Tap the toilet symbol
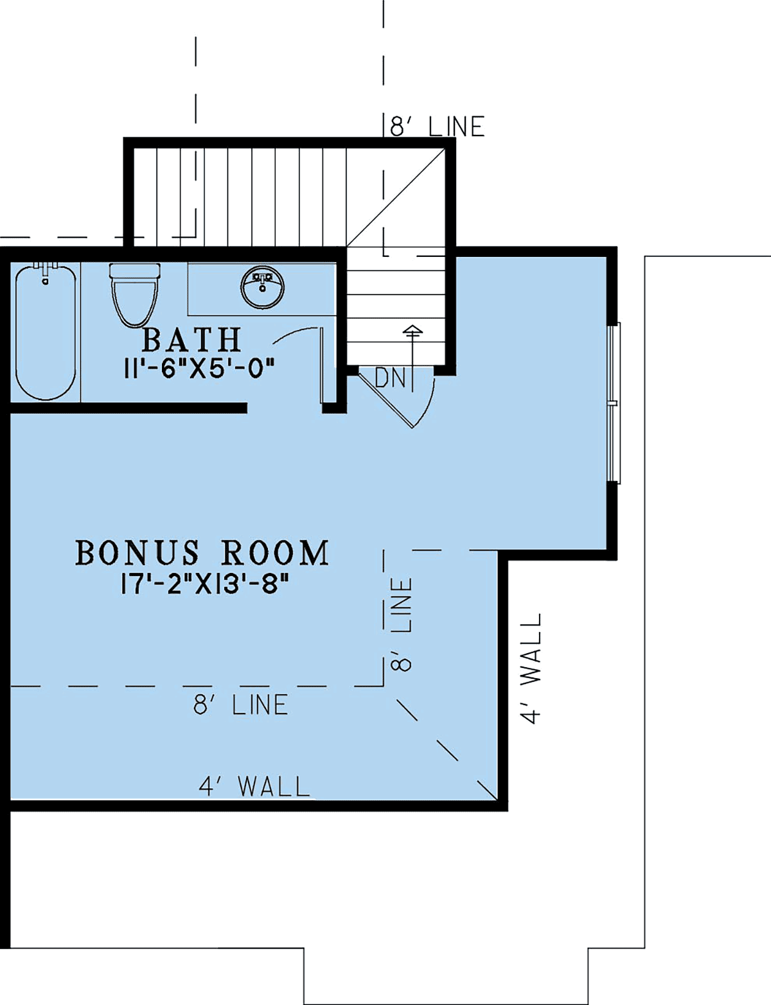point(134,295)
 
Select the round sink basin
point(262,287)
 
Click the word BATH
point(191,340)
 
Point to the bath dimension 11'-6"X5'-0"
point(199,369)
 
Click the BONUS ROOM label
point(202,553)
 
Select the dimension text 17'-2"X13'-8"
point(205,584)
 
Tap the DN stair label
point(390,378)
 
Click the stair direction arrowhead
point(412,329)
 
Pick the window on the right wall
point(614,403)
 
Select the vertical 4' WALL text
point(531,668)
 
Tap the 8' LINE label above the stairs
point(438,127)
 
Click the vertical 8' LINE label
point(401,624)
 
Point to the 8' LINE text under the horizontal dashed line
point(240,704)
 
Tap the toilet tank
point(134,270)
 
